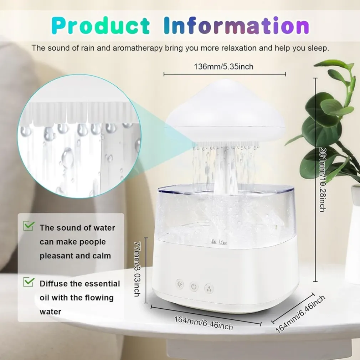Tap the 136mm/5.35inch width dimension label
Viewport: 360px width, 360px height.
pyautogui.click(x=223, y=67)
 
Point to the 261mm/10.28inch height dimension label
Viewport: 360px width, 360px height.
pyautogui.click(x=323, y=179)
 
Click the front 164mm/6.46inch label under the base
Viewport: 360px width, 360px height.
pyautogui.click(x=204, y=323)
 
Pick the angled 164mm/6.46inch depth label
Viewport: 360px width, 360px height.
pyautogui.click(x=300, y=314)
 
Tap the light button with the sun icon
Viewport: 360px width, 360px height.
pyautogui.click(x=180, y=285)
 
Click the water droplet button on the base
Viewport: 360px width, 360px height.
pyautogui.click(x=209, y=288)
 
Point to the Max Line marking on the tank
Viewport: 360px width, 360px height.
pyautogui.click(x=219, y=242)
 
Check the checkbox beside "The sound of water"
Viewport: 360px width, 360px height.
pyautogui.click(x=29, y=226)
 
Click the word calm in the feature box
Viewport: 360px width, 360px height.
pyautogui.click(x=102, y=256)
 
